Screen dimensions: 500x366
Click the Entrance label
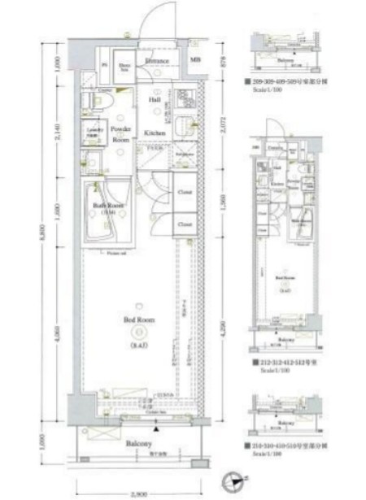(x=157, y=61)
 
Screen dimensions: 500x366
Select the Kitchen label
(x=155, y=133)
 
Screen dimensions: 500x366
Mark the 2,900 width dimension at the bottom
(x=137, y=493)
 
